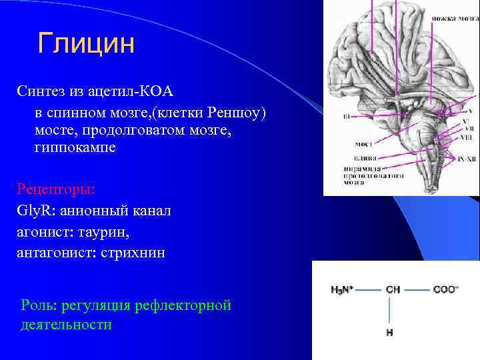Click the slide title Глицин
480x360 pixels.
tap(87, 43)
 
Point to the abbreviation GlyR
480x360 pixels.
tap(33, 211)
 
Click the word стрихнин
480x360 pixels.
tap(141, 253)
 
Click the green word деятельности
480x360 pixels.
tap(66, 325)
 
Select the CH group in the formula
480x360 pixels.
tap(393, 290)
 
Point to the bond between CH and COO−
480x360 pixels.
tap(417, 290)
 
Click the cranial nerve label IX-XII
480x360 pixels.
tap(465, 159)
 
